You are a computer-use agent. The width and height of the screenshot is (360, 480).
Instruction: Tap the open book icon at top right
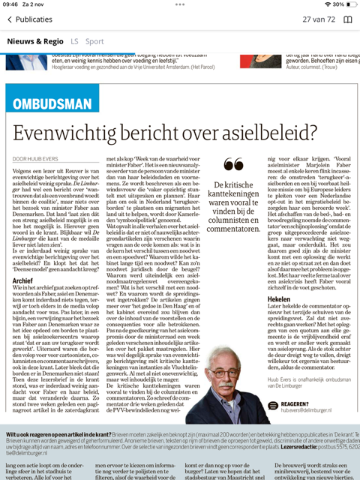[348, 19]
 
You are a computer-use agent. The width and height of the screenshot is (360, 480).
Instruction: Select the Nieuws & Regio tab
[35, 41]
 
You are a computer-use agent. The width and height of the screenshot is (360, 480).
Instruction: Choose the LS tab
[74, 41]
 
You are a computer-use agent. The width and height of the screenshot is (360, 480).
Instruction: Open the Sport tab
[94, 41]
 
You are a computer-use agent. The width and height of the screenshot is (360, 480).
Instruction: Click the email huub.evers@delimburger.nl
[310, 412]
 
